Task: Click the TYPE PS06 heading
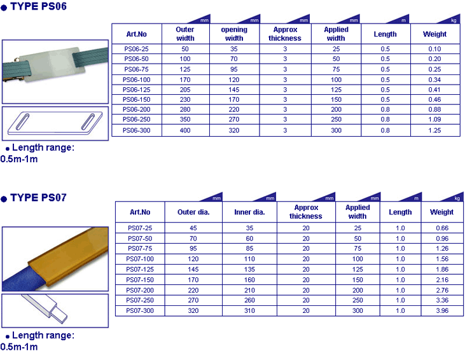click(38, 6)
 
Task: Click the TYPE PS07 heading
click(38, 198)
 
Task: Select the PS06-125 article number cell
click(136, 90)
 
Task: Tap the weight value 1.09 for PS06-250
click(434, 119)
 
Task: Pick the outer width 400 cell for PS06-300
click(185, 130)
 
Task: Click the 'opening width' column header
click(234, 34)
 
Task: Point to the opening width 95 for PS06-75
click(234, 69)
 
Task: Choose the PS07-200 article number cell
click(140, 290)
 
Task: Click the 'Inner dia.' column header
click(249, 212)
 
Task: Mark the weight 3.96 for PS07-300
click(442, 310)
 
